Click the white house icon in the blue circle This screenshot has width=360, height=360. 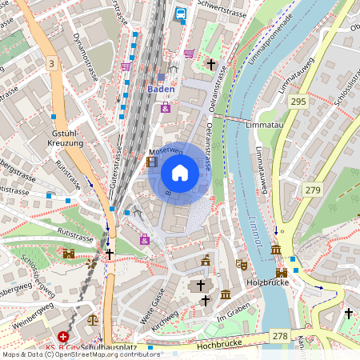pos(180,172)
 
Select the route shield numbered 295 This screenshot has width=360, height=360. pos(298,102)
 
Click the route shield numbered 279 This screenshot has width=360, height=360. pos(312,190)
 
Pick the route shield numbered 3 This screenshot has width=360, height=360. pos(52,63)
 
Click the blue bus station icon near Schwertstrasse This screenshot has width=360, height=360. pos(181,14)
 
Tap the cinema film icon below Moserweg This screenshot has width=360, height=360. pos(152,162)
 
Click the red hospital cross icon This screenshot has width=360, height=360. pos(63,338)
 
